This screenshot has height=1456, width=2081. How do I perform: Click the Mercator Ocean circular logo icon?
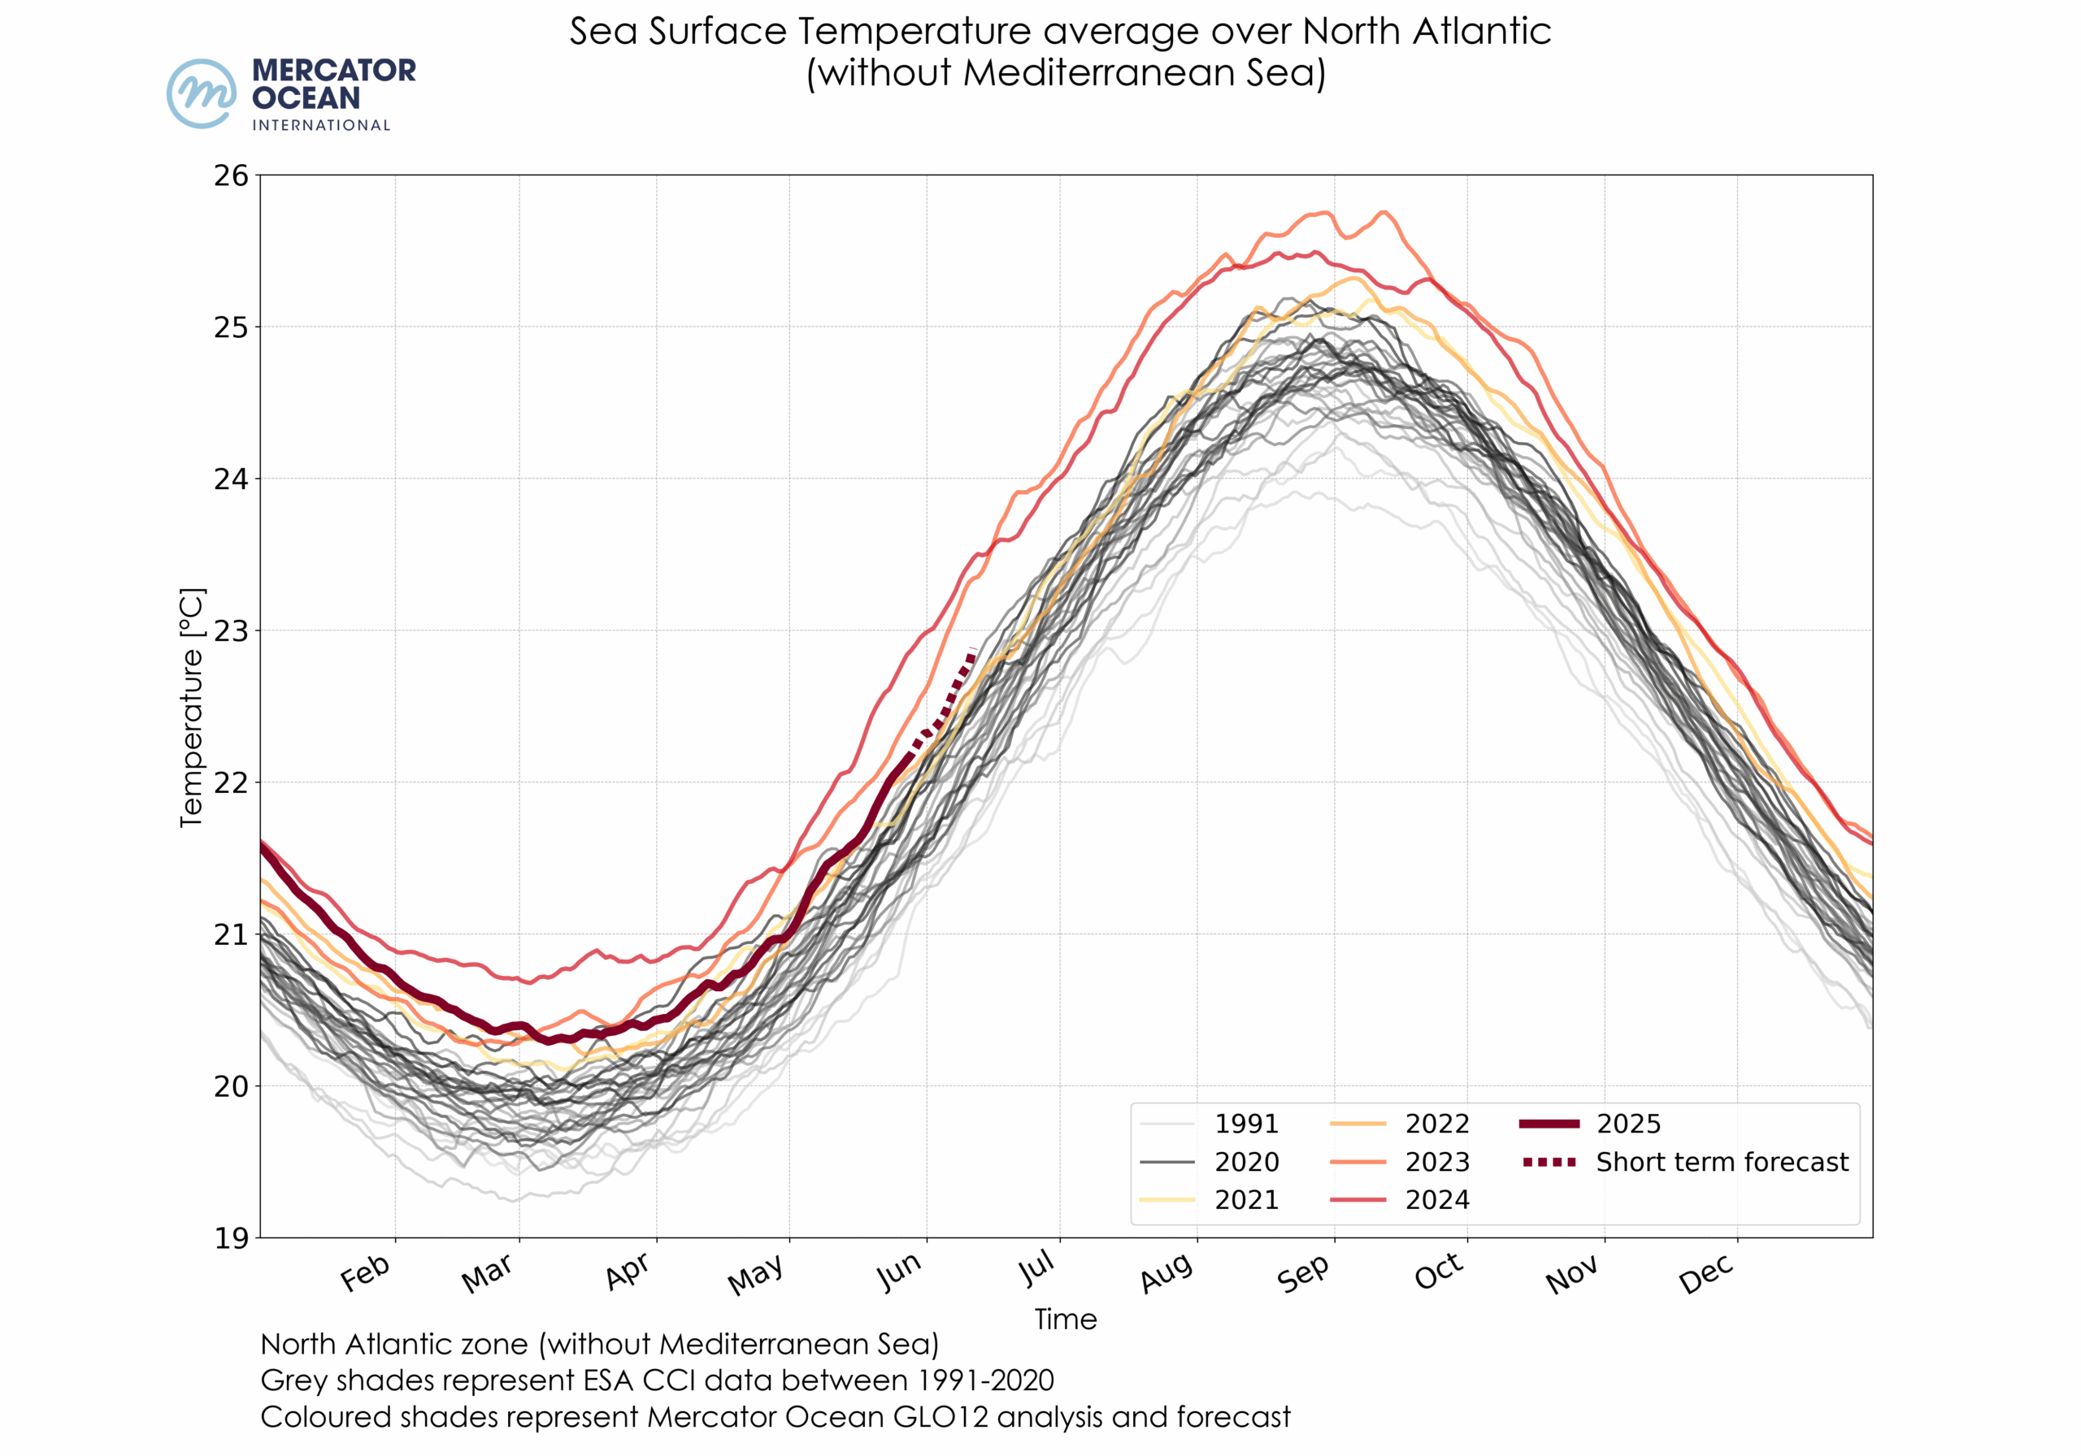(202, 93)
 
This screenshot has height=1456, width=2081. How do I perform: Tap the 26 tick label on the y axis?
(231, 175)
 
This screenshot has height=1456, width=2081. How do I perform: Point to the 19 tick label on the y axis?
(231, 1237)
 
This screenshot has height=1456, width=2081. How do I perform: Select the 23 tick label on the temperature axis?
(231, 630)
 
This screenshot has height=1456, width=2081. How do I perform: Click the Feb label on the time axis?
(365, 1273)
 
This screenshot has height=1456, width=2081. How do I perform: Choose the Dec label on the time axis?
(1707, 1273)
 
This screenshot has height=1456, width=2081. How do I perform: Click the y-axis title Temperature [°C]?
(192, 708)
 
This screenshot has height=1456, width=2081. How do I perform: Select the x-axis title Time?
(1066, 1319)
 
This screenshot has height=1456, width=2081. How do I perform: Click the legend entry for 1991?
(1246, 1124)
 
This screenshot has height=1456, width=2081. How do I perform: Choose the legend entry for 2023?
(1436, 1162)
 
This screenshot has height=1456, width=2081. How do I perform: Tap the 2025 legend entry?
(1628, 1124)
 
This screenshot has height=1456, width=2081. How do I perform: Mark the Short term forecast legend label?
(1721, 1162)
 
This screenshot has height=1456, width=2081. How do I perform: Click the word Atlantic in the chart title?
(1481, 32)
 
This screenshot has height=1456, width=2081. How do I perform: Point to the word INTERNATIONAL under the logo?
(321, 125)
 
